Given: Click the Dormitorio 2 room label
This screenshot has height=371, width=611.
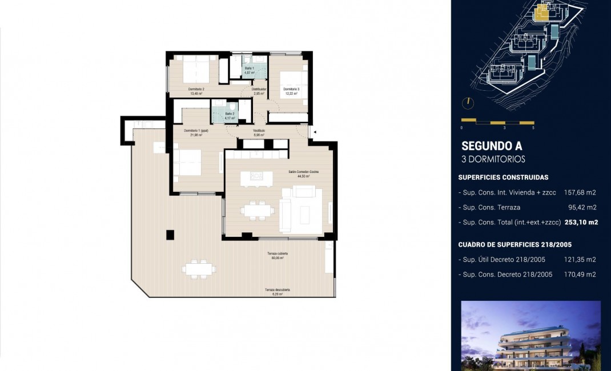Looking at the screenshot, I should [196, 91].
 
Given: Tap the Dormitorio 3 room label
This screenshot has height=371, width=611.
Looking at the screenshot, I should [291, 91].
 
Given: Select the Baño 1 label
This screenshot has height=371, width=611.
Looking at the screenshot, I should [249, 70].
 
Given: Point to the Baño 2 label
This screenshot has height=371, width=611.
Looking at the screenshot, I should [230, 116].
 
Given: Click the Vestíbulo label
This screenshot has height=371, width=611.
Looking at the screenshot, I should [259, 132].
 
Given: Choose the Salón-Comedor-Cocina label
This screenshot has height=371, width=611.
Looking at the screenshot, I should [299, 174].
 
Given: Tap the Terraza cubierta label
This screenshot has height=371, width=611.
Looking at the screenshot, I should [278, 255].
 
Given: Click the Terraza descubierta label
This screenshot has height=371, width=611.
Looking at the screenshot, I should [278, 292].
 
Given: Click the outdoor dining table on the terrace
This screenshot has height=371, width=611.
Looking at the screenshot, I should [199, 268].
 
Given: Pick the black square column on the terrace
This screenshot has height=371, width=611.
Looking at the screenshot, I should [170, 234].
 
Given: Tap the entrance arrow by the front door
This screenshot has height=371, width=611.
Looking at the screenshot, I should [315, 132].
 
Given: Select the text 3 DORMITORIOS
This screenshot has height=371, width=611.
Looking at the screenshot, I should [493, 159].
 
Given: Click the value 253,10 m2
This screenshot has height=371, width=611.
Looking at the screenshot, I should [581, 223].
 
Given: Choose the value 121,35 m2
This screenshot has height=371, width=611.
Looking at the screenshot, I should [582, 260].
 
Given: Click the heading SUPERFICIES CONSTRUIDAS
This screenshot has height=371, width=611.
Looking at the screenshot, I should [503, 178].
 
